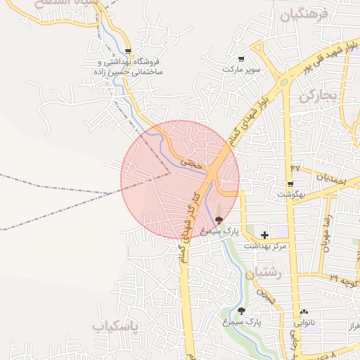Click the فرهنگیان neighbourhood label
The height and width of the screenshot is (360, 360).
click(x=304, y=15)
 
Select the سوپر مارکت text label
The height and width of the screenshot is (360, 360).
click(x=242, y=70)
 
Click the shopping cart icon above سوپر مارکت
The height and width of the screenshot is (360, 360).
click(x=241, y=59)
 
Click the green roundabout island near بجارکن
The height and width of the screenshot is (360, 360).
click(x=284, y=82)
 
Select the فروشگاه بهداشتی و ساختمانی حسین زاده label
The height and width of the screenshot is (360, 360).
click(x=129, y=67)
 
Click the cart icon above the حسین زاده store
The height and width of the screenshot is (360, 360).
click(x=127, y=51)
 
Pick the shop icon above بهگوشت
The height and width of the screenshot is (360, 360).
click(x=290, y=185)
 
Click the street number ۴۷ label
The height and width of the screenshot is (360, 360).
click(x=295, y=169)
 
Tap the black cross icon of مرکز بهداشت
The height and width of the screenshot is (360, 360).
click(x=264, y=235)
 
